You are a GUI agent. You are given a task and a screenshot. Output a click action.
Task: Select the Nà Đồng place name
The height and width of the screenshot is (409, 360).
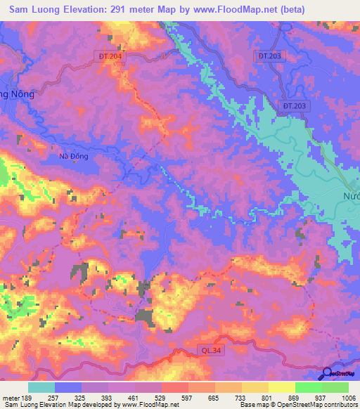(x=73, y=157)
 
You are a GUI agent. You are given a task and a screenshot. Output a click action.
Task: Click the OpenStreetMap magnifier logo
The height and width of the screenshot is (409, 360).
(x=328, y=373)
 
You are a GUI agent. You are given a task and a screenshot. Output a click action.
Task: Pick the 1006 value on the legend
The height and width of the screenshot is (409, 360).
(x=347, y=398)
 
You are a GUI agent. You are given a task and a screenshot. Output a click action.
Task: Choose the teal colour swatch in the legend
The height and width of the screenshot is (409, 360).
(x=41, y=387)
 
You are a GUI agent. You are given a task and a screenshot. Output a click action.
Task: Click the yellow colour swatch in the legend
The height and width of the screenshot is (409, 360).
(x=281, y=387)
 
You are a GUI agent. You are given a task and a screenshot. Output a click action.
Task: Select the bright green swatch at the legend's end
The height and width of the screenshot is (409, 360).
(x=335, y=387)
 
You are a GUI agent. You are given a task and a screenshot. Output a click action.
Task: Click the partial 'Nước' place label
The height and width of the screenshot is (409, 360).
(x=350, y=195)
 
